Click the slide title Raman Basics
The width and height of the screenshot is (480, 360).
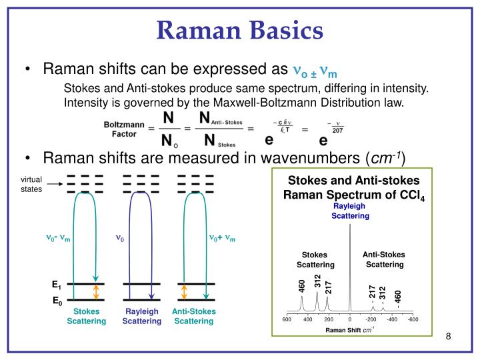pos(240,30)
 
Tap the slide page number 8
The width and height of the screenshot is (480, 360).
pos(449,336)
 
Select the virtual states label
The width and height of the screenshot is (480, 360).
pos(31,183)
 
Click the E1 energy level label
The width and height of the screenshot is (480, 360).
pos(57,285)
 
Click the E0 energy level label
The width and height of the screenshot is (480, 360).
pos(57,301)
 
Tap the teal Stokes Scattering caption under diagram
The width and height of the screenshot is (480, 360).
pos(86,316)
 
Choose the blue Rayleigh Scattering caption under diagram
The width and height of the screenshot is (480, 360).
pos(141,316)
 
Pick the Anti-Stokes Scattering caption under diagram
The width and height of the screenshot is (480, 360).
pos(193,316)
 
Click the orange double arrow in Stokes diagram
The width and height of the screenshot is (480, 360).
pos(96,292)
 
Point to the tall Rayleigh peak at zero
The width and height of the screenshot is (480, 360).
pos(349,267)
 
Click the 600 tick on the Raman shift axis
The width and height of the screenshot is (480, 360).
pos(287,320)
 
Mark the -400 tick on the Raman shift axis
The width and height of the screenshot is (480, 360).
pos(392,320)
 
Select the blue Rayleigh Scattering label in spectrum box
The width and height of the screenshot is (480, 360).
pos(351,211)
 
